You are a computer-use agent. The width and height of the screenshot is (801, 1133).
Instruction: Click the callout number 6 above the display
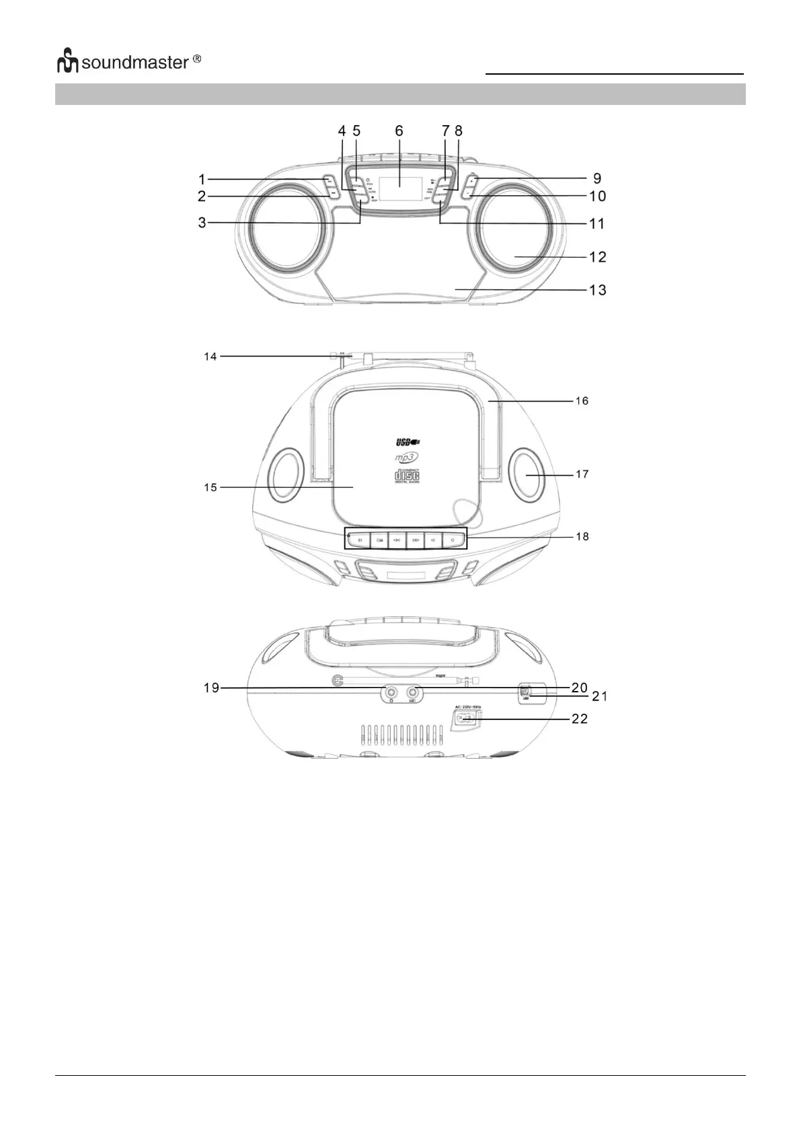click(399, 131)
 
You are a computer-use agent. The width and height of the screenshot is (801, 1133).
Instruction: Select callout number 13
click(597, 290)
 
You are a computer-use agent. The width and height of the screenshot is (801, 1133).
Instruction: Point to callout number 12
click(597, 257)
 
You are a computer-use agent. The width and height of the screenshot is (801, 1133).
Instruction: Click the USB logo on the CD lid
click(407, 442)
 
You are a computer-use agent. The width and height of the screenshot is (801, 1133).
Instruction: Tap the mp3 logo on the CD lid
click(406, 458)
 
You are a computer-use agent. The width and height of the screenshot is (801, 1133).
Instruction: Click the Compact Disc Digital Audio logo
click(406, 476)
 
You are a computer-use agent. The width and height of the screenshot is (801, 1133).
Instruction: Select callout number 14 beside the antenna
click(211, 357)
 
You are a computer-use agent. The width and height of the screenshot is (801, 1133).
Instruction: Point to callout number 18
click(582, 536)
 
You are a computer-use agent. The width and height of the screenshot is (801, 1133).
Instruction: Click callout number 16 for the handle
click(582, 401)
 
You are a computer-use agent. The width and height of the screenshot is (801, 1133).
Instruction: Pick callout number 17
click(582, 474)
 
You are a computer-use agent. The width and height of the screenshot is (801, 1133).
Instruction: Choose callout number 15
click(211, 487)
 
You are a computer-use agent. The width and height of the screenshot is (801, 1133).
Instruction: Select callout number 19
click(211, 688)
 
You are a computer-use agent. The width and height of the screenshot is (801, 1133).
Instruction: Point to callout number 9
click(597, 179)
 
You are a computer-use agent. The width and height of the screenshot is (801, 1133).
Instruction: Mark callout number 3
click(202, 223)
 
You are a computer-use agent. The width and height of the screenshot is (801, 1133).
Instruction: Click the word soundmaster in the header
click(135, 63)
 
